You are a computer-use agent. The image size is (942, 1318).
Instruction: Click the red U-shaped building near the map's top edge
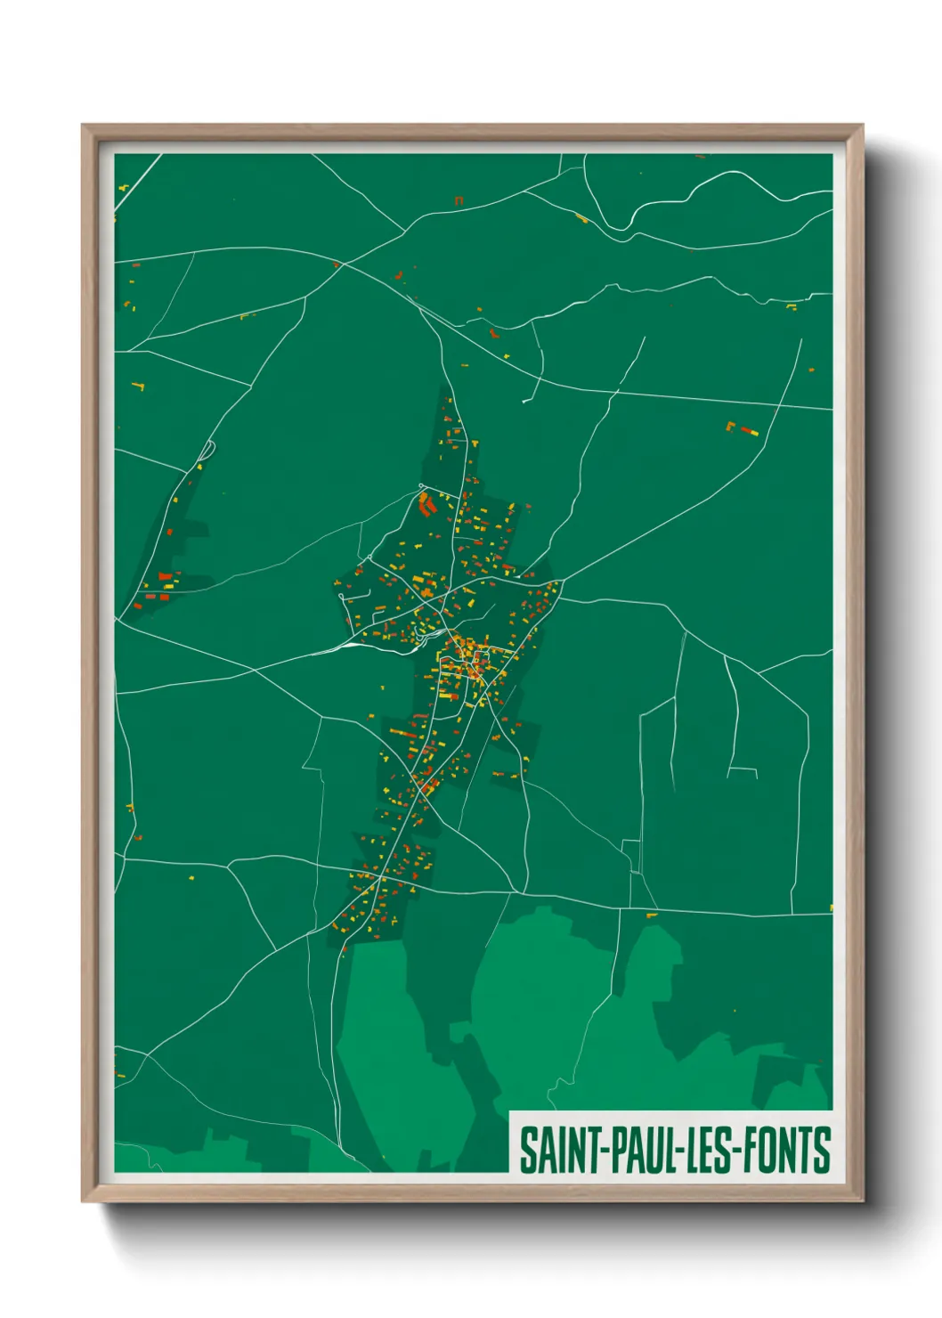pyautogui.click(x=459, y=200)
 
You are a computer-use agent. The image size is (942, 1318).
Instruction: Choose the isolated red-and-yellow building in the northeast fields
pyautogui.click(x=743, y=429)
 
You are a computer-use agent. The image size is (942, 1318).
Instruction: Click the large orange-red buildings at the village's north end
pyautogui.click(x=426, y=504)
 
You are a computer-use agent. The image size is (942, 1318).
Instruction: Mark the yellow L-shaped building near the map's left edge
pyautogui.click(x=138, y=386)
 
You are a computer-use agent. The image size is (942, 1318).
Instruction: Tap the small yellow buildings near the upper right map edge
pyautogui.click(x=792, y=307)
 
